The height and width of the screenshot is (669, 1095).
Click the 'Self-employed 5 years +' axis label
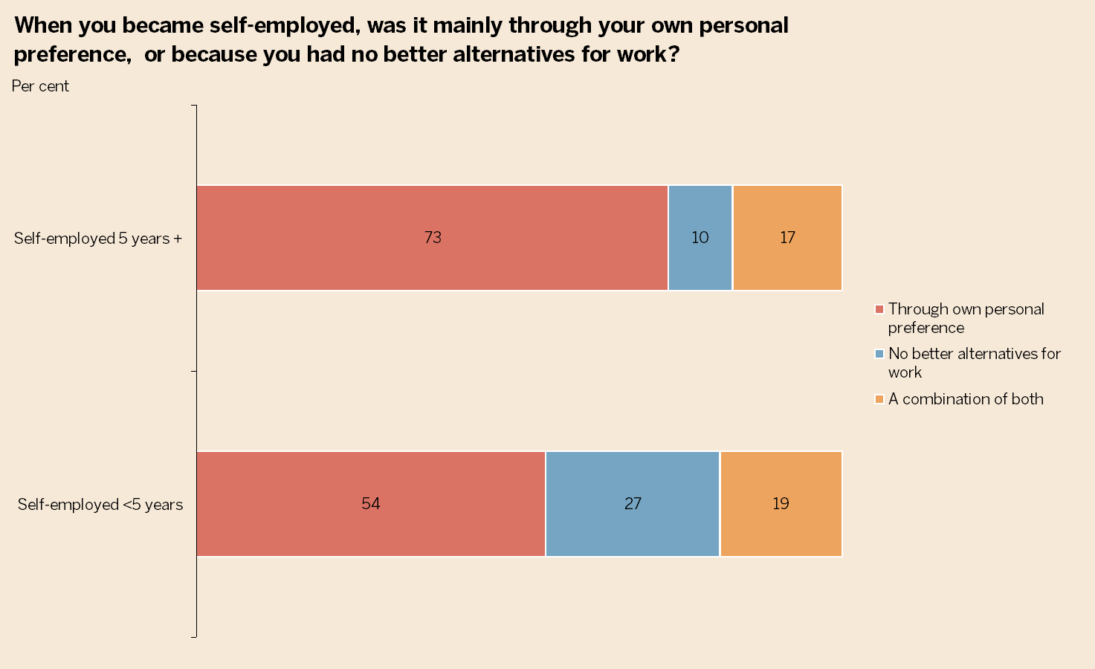pyautogui.click(x=98, y=239)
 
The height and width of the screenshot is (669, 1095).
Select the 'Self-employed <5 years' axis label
pyautogui.click(x=100, y=505)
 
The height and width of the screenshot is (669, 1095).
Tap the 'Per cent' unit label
pyautogui.click(x=40, y=86)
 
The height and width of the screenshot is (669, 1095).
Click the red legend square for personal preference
pyautogui.click(x=879, y=309)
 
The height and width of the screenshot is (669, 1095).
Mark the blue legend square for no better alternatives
pyautogui.click(x=879, y=354)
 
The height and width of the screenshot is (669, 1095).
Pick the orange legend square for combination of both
pyautogui.click(x=879, y=399)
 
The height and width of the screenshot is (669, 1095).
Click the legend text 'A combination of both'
pyautogui.click(x=966, y=399)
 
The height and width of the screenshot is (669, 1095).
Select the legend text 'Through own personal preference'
pyautogui.click(x=966, y=318)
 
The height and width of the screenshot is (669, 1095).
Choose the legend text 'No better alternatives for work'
pyautogui.click(x=974, y=363)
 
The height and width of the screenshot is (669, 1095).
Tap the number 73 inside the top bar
pyautogui.click(x=433, y=238)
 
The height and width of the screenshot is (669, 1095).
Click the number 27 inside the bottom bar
pyautogui.click(x=633, y=504)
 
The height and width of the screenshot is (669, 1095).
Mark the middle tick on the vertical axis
pyautogui.click(x=195, y=371)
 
